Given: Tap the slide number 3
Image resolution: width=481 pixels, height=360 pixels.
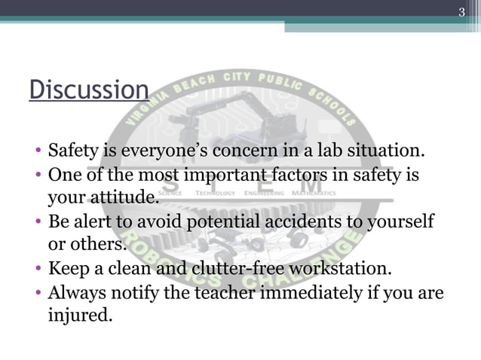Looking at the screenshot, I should [463, 11].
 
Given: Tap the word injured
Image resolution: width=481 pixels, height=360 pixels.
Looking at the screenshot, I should [79, 313].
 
